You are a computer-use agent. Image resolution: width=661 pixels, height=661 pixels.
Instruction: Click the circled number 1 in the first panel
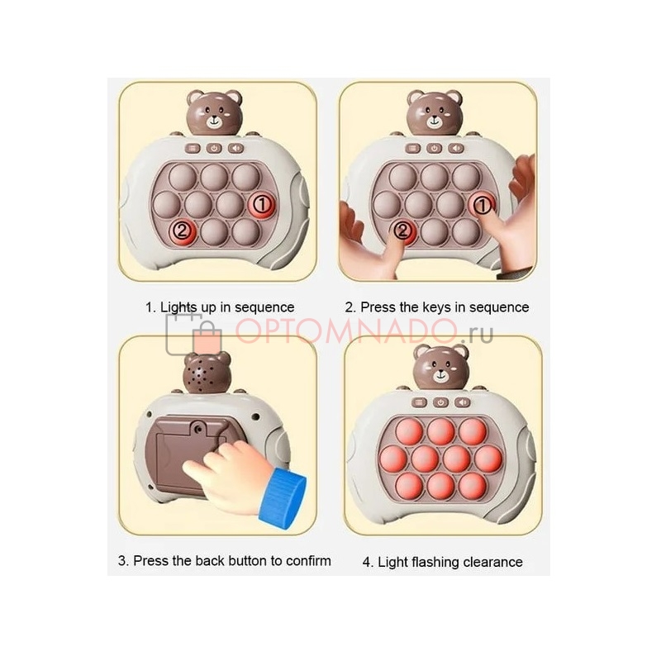point(262,204)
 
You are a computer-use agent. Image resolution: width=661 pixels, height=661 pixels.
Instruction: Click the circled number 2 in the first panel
point(182,231)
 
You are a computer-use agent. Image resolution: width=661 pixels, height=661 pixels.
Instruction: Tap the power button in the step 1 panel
point(214,148)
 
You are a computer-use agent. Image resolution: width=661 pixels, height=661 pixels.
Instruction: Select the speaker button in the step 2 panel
point(456,148)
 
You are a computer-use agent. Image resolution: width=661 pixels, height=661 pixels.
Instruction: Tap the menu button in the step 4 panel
point(419,402)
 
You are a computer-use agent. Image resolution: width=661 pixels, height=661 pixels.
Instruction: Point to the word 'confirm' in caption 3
point(308,561)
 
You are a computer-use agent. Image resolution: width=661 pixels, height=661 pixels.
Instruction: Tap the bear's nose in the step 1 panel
point(214,119)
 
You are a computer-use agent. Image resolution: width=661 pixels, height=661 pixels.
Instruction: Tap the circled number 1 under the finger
point(483,205)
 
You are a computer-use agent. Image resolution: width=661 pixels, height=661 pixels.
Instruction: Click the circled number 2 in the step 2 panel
point(402,231)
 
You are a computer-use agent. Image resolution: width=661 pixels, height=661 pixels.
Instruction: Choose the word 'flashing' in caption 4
point(435,563)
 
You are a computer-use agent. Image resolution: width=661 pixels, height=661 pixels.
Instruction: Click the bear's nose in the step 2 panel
point(435,119)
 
